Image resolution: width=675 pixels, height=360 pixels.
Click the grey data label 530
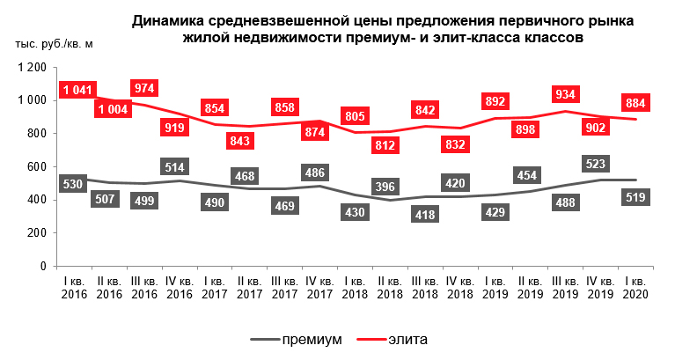(x=75, y=182)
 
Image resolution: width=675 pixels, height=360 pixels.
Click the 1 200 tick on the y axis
(x=31, y=68)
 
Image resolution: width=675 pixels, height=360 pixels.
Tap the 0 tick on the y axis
(x=42, y=266)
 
